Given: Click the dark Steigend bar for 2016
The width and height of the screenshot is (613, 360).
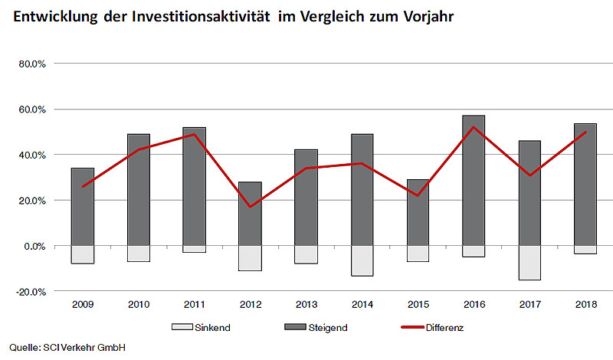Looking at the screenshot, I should [474, 181].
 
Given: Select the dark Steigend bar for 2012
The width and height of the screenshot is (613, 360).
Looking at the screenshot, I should [250, 214].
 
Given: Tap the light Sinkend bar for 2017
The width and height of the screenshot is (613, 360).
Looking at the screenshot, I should [529, 263].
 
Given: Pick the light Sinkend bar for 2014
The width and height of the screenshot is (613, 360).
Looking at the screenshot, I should [362, 260].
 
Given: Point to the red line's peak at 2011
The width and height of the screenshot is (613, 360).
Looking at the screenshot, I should [194, 134].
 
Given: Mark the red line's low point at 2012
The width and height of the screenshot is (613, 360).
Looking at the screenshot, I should [250, 207].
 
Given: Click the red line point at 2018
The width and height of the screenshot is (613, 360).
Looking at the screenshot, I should [585, 132].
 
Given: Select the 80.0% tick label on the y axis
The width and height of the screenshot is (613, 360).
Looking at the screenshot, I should [33, 64].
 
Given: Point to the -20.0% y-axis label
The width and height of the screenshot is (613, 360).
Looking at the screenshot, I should [32, 292].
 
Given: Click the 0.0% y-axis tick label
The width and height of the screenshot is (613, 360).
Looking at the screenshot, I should [35, 246].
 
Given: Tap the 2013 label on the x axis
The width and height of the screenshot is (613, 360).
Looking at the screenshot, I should [306, 306].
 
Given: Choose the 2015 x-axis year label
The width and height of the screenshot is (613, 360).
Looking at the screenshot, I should [418, 306].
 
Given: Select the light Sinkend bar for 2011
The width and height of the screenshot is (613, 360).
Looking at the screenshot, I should [194, 249].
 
